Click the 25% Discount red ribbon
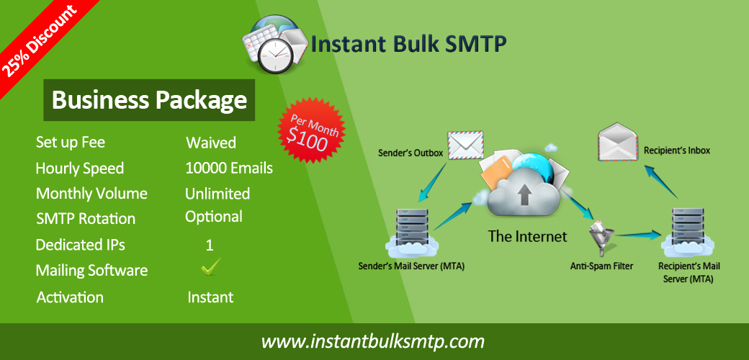tap(40, 40)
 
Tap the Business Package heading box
tap(149, 100)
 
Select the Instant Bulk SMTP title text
tap(408, 45)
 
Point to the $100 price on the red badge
tap(308, 138)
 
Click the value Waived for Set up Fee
tap(210, 143)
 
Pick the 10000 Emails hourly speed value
tap(229, 168)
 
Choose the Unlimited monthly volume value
tap(217, 194)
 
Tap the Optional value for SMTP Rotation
tap(213, 217)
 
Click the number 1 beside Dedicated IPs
tap(210, 246)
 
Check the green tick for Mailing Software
tap(210, 266)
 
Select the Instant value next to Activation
tap(210, 297)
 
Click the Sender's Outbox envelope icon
tap(465, 145)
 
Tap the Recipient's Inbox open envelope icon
tap(618, 141)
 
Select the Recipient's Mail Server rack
tap(689, 232)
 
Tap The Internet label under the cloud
tap(527, 236)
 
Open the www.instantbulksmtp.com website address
tap(373, 341)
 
